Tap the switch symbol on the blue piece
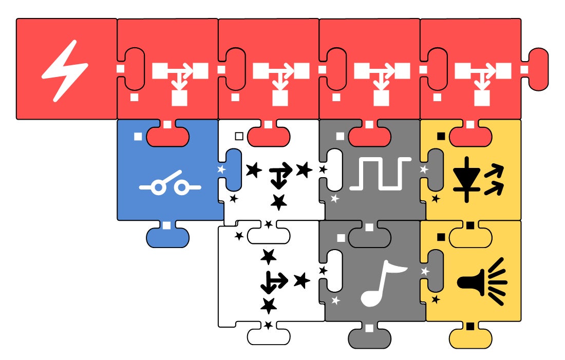(x=170, y=187)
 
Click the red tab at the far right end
(x=537, y=69)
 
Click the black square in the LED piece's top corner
(x=441, y=136)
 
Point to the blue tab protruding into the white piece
(x=232, y=169)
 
